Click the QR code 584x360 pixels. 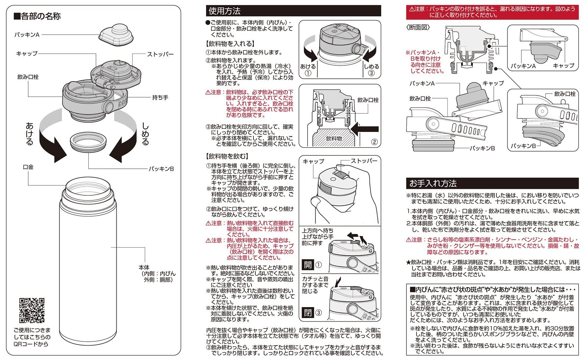[x=32, y=310]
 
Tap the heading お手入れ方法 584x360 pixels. [x=433, y=183]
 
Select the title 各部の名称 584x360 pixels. [x=38, y=16]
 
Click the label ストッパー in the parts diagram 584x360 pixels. [x=160, y=54]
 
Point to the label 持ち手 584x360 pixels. [x=160, y=98]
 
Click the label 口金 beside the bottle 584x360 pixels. [x=28, y=167]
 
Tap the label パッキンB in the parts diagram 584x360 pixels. [x=161, y=169]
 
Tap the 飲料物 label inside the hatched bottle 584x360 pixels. [x=334, y=138]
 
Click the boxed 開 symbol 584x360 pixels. [x=308, y=264]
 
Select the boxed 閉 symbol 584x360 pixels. [x=308, y=312]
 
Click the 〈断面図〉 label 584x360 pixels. [x=418, y=27]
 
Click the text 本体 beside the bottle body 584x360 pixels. [x=144, y=268]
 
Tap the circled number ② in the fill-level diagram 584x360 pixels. [x=374, y=142]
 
